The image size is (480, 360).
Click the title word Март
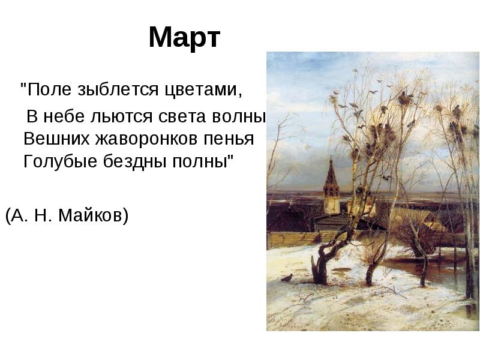[184, 37]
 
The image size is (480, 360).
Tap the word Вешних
[56, 139]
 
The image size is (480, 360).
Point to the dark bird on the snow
[287, 278]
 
